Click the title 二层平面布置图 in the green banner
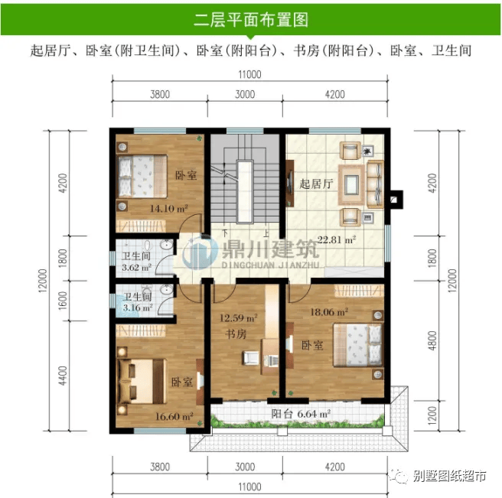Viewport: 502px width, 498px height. [x=251, y=20]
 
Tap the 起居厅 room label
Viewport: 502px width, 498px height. [x=316, y=184]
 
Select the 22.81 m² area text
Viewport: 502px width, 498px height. [x=337, y=239]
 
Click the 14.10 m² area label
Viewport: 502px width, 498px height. [x=168, y=209]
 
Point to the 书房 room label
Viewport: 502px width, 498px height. [x=236, y=334]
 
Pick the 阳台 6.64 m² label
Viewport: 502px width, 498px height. [x=301, y=414]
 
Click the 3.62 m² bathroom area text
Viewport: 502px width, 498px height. [x=136, y=267]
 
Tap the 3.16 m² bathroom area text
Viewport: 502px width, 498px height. [x=138, y=308]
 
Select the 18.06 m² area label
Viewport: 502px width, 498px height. [x=329, y=312]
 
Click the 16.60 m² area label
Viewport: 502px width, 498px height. [x=174, y=416]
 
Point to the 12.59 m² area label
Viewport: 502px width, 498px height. [x=239, y=318]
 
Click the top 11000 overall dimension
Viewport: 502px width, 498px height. [x=249, y=74]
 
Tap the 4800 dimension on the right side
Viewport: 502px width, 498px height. [x=432, y=341]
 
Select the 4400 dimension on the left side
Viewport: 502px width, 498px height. [x=63, y=376]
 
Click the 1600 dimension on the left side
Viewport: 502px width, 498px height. [x=63, y=301]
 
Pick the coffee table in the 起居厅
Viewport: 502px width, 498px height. [x=351, y=184]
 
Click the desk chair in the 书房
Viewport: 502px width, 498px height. [x=251, y=358]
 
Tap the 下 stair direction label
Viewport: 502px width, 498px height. [x=225, y=233]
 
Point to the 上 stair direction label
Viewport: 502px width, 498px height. [x=266, y=233]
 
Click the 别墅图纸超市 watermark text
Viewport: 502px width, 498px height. [x=449, y=476]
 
